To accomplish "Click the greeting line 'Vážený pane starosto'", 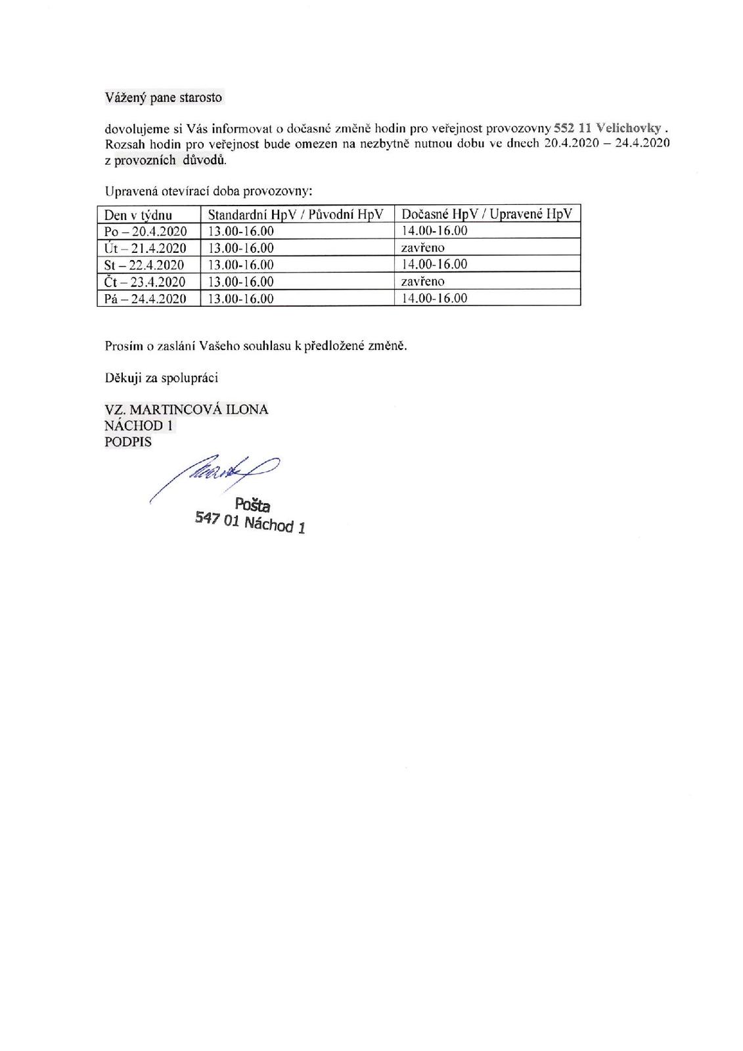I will coord(164,98).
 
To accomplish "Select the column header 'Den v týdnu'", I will coord(139,214).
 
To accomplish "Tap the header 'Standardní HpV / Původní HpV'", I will coord(296,214).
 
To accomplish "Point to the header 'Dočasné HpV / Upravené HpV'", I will coord(487,214).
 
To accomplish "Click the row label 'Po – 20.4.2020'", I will coord(146,231).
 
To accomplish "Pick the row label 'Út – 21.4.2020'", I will coord(146,248).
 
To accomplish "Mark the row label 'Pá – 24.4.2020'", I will coord(146,299).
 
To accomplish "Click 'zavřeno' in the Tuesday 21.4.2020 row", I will coord(423,248).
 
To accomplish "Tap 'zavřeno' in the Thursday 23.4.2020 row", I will coord(423,281).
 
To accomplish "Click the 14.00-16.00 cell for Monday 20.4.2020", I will coord(434,231).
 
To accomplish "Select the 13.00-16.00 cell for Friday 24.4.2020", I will coord(240,299).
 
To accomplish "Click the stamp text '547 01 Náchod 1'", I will coord(250,523).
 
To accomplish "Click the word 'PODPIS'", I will coord(128,442).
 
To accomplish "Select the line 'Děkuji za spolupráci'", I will coord(162,378).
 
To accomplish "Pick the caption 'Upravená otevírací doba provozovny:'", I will coord(208,192).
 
